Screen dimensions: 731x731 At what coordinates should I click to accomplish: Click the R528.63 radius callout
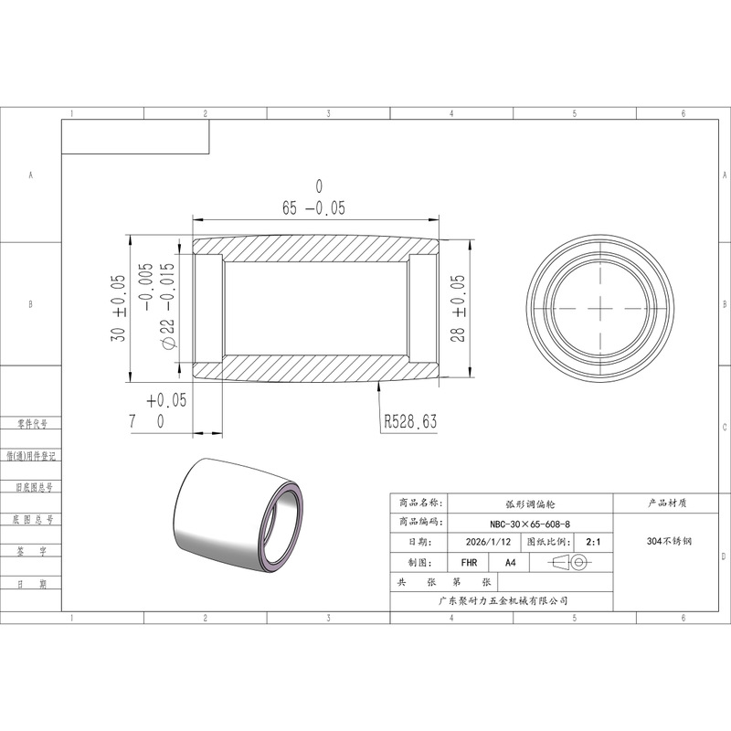(410, 421)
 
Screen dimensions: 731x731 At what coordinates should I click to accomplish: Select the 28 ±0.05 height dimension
(458, 308)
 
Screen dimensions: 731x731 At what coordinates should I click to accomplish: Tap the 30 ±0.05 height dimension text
(118, 308)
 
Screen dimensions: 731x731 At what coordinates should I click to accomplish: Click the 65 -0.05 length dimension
(313, 208)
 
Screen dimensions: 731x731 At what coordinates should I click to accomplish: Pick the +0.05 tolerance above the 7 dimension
(166, 400)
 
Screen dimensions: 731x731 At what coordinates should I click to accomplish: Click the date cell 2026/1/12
(488, 542)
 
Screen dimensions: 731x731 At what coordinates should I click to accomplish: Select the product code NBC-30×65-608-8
(530, 524)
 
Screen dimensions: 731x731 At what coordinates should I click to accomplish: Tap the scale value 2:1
(593, 542)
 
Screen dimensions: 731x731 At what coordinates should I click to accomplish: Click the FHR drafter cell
(469, 563)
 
